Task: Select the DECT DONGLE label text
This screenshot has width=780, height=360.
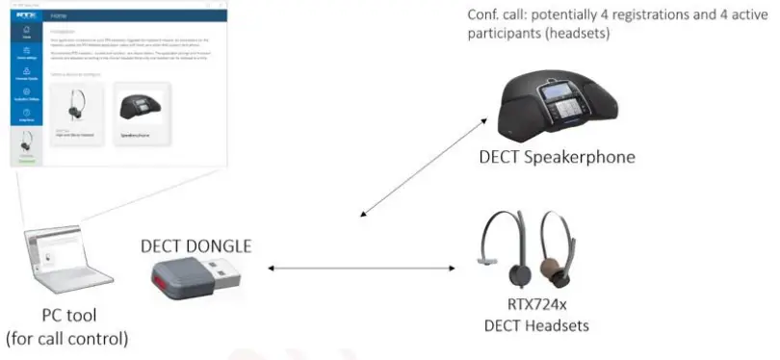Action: (196, 245)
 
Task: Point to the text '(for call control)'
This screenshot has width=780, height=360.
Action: (67, 338)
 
